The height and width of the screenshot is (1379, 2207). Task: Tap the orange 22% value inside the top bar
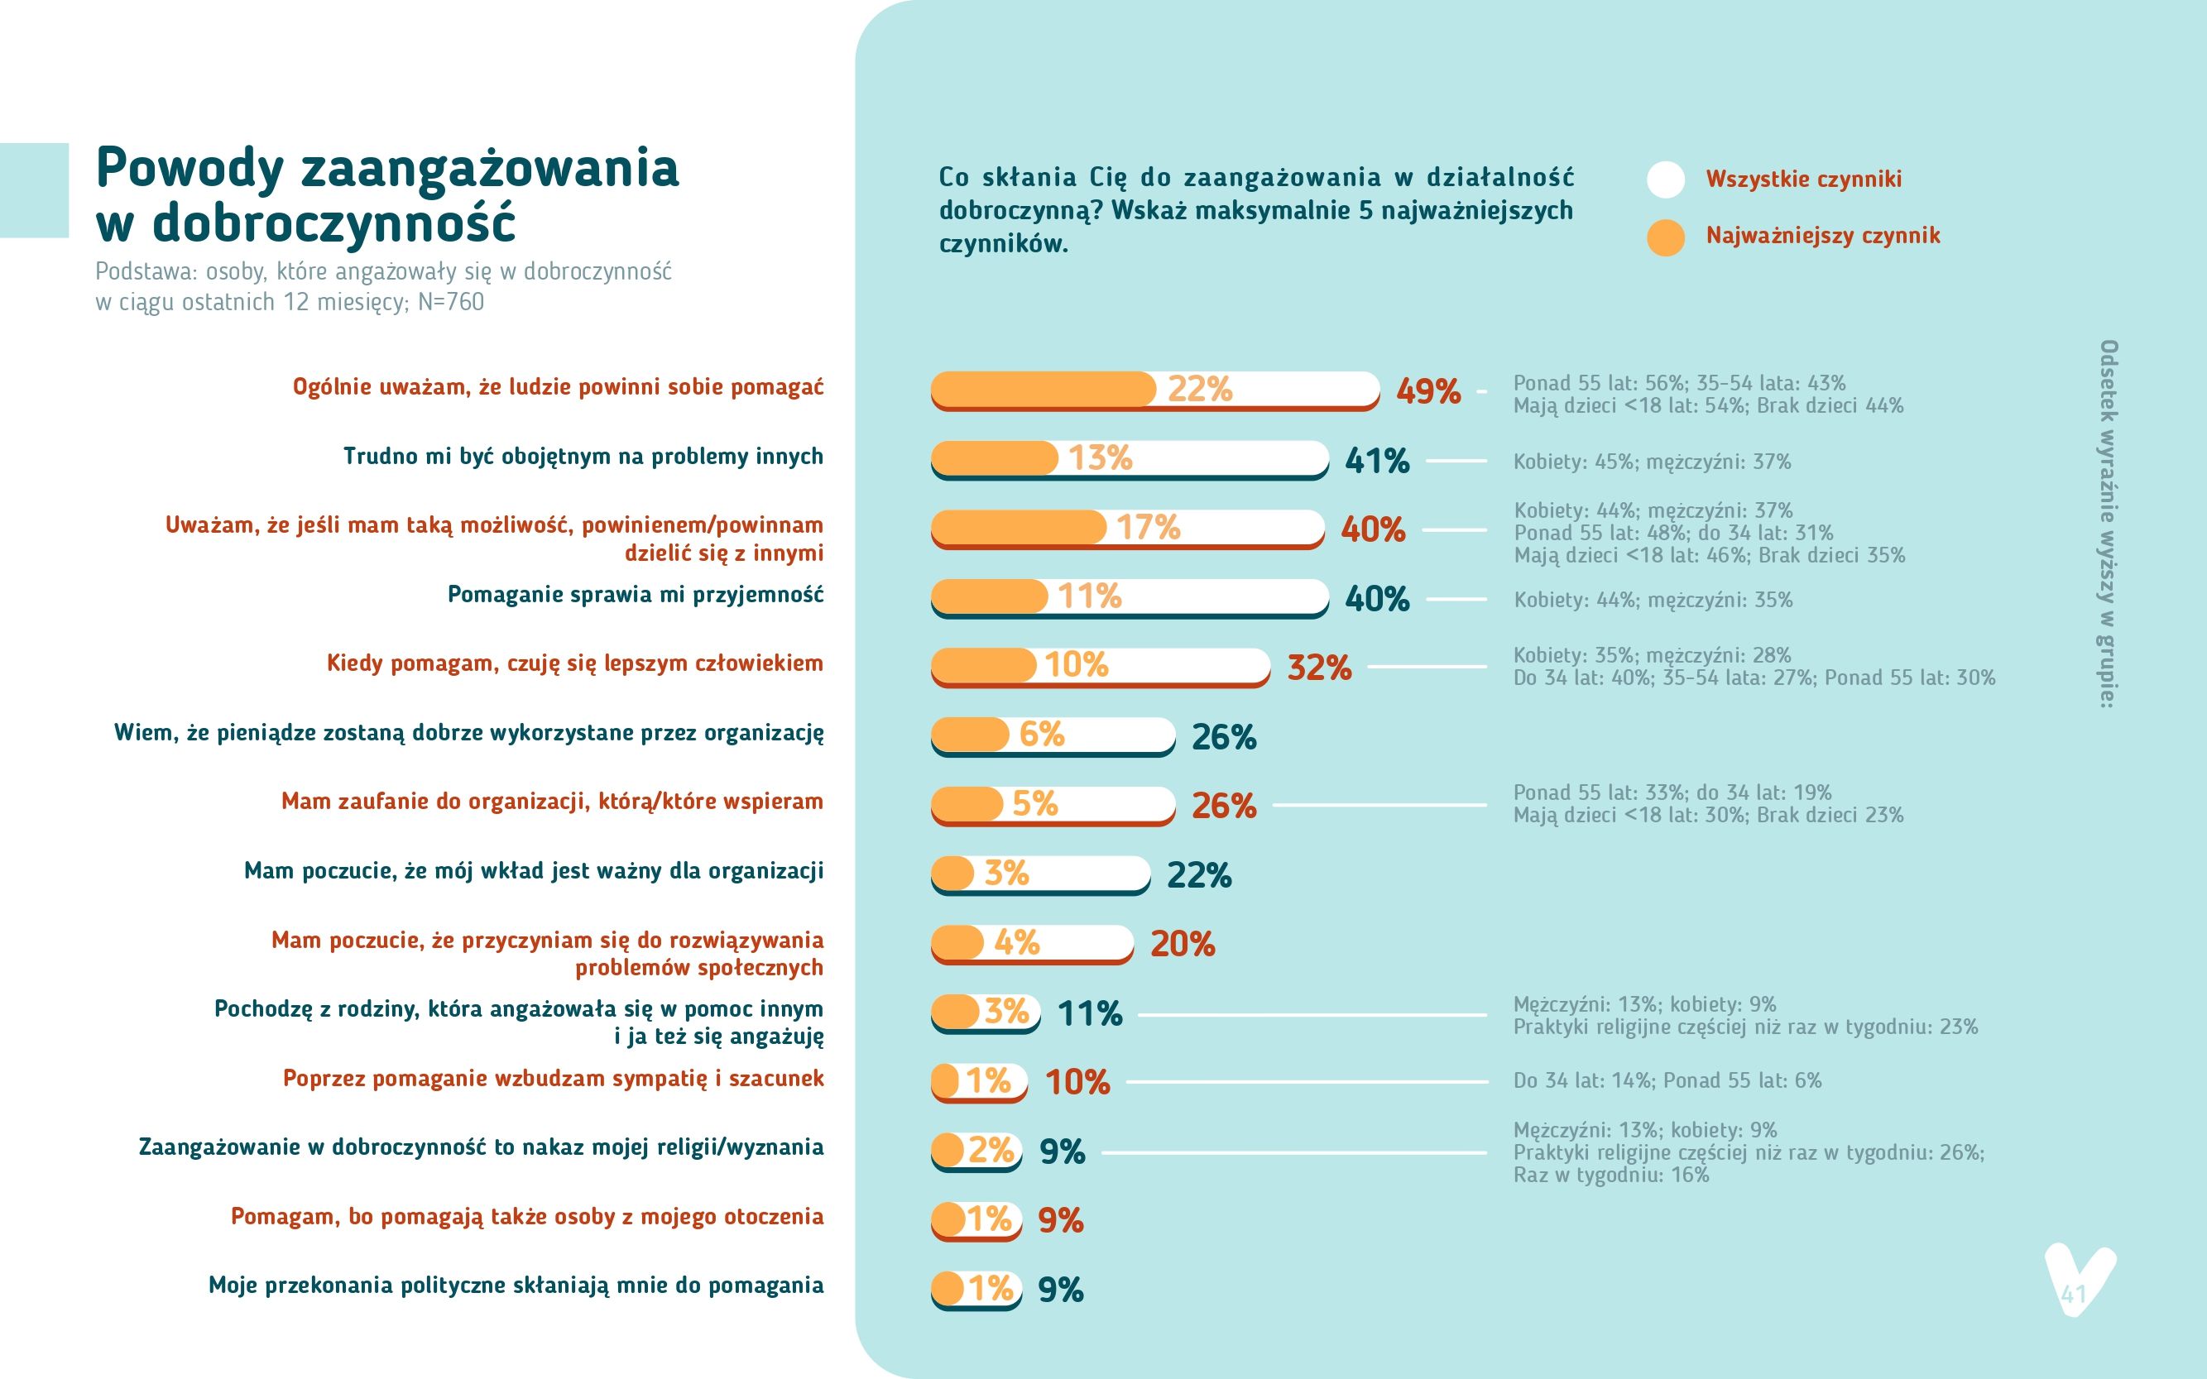[1200, 389]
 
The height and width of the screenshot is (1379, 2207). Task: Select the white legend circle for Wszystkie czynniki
[1665, 180]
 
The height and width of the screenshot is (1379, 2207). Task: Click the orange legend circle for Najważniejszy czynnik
[1665, 237]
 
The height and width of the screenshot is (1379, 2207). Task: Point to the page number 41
[2074, 1294]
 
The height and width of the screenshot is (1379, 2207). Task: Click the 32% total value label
[1319, 668]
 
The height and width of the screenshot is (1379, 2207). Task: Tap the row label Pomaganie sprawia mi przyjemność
[635, 595]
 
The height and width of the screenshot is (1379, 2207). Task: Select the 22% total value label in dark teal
[1199, 875]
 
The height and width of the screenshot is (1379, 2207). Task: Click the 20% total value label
[1183, 944]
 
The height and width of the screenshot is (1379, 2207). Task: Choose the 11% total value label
[1089, 1013]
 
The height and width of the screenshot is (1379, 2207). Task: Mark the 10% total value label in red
[1077, 1083]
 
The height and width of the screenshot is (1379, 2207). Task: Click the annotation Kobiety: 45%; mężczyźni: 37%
[1653, 462]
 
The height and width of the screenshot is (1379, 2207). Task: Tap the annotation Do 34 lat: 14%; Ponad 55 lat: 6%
[1667, 1080]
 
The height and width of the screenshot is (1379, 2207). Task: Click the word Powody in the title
[190, 169]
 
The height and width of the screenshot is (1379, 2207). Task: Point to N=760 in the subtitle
[451, 302]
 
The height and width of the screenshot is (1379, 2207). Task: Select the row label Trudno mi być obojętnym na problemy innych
[583, 457]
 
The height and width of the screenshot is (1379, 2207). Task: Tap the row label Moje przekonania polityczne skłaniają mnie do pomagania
[516, 1286]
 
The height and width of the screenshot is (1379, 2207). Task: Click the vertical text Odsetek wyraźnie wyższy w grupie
[2109, 524]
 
